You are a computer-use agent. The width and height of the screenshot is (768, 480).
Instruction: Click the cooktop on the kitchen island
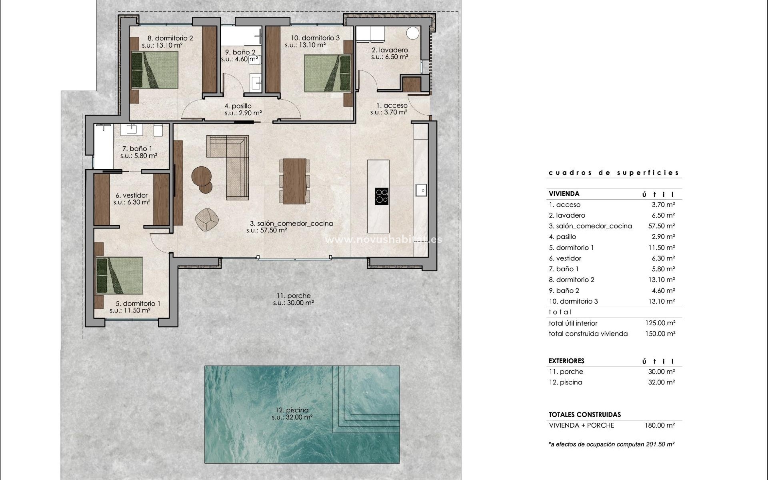[x=382, y=196]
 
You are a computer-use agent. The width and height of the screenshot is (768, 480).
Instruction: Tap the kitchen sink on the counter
[x=421, y=190]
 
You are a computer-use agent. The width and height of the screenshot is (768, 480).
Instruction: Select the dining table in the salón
[x=294, y=182]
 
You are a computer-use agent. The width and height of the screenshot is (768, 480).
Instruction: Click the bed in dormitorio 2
[x=155, y=70]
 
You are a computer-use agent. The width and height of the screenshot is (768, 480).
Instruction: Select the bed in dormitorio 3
[x=328, y=73]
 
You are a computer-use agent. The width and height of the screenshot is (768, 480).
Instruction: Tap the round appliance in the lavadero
[x=412, y=33]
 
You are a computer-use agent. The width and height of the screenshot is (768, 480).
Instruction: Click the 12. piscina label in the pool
[x=292, y=410]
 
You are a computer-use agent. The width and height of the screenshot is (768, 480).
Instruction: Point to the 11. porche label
[x=293, y=296]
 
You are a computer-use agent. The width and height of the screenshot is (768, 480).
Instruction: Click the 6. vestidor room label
[x=132, y=196]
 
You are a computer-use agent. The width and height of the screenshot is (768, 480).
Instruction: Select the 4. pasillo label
[x=238, y=106]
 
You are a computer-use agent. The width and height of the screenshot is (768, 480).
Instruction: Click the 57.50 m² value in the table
[x=662, y=226]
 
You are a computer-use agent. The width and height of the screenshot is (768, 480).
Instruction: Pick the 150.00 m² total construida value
[x=660, y=334]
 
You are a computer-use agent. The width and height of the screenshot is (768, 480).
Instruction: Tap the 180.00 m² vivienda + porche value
[x=660, y=425]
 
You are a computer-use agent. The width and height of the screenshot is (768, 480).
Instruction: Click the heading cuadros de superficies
[x=614, y=173]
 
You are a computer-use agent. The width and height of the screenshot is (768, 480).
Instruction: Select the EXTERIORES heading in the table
[x=566, y=361]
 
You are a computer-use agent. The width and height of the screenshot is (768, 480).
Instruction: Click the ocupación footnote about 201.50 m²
[x=612, y=444]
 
